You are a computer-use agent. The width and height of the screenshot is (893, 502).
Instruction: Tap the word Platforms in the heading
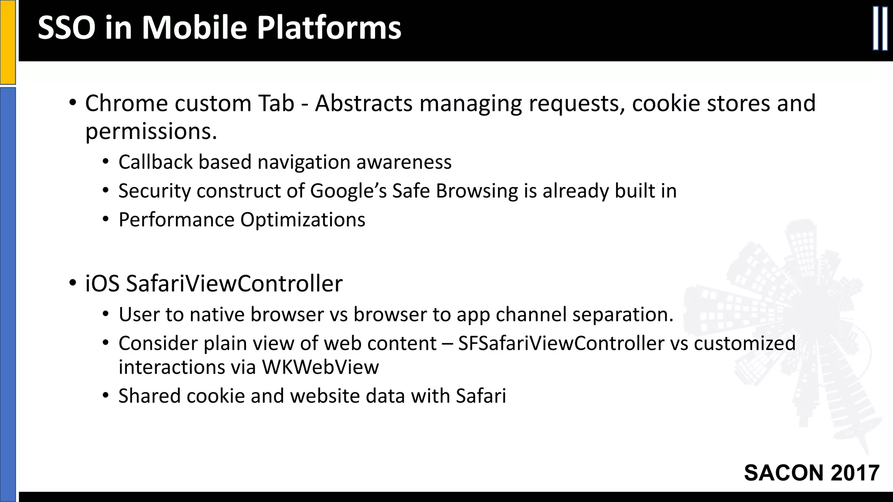click(328, 28)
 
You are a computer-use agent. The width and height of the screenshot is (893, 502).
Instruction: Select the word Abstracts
click(364, 104)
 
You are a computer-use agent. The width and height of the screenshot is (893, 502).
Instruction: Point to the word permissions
click(151, 132)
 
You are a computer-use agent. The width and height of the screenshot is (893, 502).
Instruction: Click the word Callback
click(155, 162)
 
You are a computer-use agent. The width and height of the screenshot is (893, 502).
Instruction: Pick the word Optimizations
click(303, 220)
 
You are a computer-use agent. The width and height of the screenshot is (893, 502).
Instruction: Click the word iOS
click(102, 284)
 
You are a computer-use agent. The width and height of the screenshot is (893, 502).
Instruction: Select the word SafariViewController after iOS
click(234, 284)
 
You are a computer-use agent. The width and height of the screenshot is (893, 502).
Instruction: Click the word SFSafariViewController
click(561, 343)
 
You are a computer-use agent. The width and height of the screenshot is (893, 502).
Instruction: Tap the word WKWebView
click(320, 367)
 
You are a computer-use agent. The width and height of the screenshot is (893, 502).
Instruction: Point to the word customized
click(744, 343)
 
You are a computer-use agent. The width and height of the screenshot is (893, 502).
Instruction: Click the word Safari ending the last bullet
click(481, 396)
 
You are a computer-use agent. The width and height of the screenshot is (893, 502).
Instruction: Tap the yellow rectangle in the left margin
click(7, 42)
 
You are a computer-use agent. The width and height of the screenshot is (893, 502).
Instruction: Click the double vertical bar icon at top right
click(880, 29)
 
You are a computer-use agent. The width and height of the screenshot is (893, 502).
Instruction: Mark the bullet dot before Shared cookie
click(105, 396)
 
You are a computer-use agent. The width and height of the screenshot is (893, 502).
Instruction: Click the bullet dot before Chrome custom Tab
click(72, 104)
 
